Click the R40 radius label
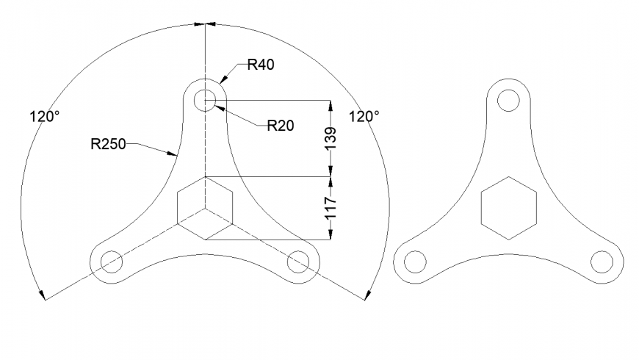[260, 65]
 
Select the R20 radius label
[280, 126]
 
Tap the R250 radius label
[110, 144]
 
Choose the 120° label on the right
[365, 116]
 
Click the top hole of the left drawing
[205, 99]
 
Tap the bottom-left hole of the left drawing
[111, 260]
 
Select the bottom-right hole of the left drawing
[299, 260]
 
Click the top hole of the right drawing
[508, 99]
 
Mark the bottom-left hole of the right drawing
[415, 261]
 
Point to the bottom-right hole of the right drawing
[602, 261]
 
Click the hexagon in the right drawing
[508, 208]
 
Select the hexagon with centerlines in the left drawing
[205, 208]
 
